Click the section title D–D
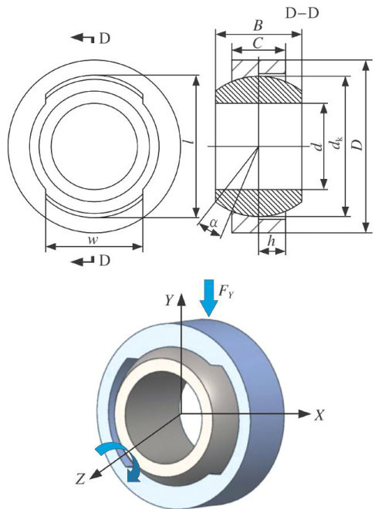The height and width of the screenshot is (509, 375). (302, 13)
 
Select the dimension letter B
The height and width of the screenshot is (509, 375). (258, 25)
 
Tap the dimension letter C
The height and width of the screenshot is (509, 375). (258, 43)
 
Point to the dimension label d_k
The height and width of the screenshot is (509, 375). (338, 143)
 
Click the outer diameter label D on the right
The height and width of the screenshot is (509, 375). (357, 145)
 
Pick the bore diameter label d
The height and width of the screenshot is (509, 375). (319, 147)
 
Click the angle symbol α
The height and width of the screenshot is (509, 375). (214, 223)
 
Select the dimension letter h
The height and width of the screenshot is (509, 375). (272, 241)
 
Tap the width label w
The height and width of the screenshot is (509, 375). (93, 240)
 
